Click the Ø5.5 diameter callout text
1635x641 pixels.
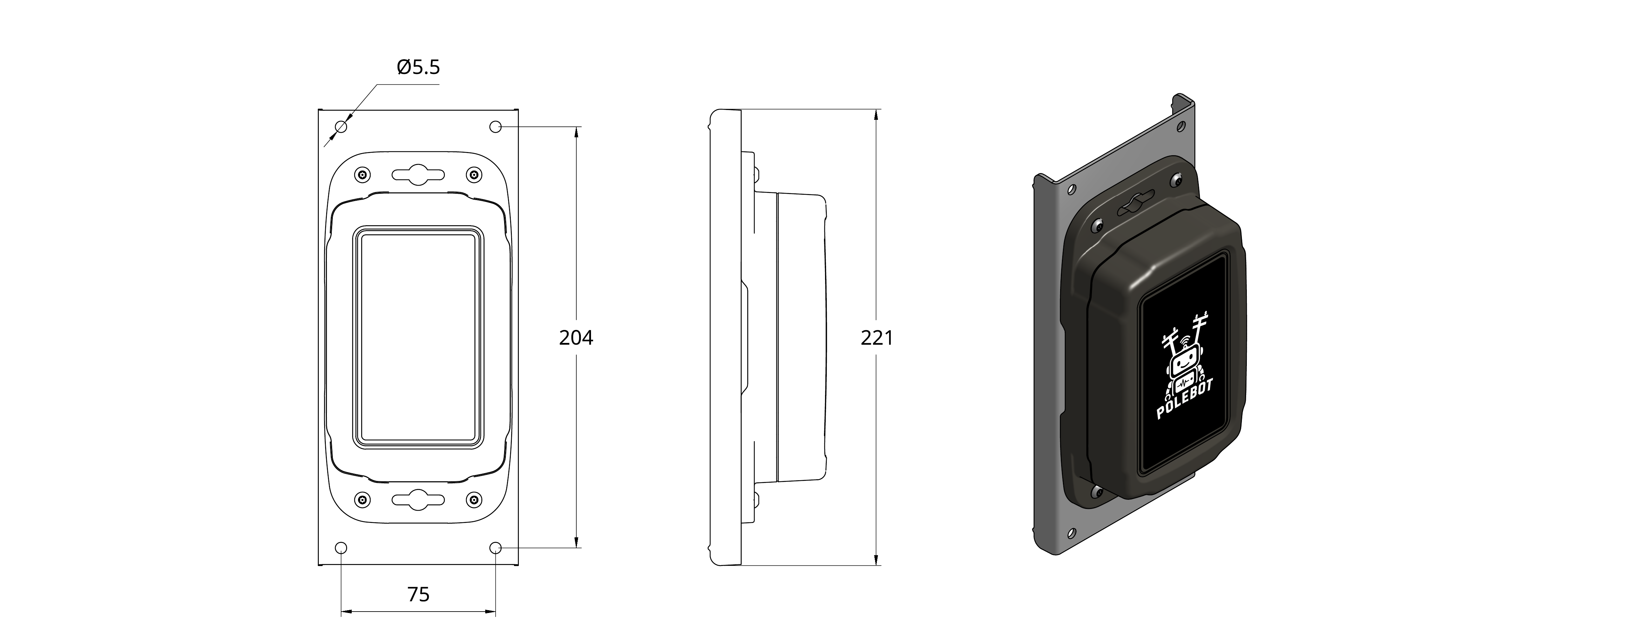(x=418, y=67)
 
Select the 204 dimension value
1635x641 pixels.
(x=576, y=338)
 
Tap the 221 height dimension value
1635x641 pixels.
(x=877, y=338)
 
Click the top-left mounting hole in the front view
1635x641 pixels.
(x=342, y=127)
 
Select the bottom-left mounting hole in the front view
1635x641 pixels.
(x=342, y=548)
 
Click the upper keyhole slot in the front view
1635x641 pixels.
(x=418, y=174)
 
